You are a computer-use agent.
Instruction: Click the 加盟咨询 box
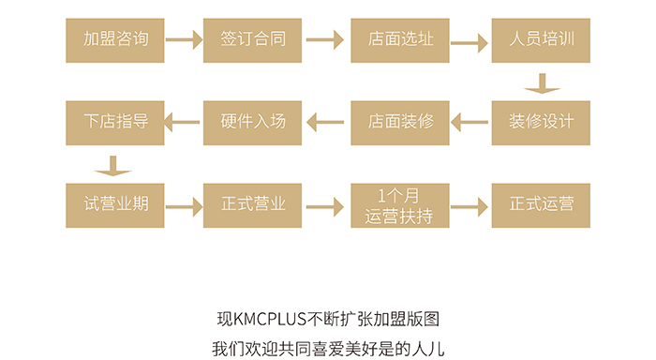click(115, 40)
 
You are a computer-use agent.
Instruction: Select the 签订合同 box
click(252, 40)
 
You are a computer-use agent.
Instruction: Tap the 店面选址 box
click(400, 40)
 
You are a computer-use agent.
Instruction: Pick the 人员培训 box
click(541, 40)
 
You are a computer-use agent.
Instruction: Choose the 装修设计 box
click(541, 123)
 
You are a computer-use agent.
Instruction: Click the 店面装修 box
click(400, 123)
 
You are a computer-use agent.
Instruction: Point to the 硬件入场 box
click(252, 123)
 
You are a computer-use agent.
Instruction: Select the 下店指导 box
click(115, 123)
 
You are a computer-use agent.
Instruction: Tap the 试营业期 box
click(115, 205)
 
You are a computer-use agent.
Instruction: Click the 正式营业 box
click(252, 205)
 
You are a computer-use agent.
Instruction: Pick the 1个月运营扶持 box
click(400, 205)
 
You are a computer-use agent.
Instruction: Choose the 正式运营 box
click(541, 205)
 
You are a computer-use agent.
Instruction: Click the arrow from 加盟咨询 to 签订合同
click(184, 39)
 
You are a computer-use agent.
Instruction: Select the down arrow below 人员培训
click(543, 83)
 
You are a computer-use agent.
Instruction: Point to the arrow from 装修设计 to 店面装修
click(470, 122)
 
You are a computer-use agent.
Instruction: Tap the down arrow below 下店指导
click(113, 166)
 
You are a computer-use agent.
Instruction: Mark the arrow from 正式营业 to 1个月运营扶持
click(325, 207)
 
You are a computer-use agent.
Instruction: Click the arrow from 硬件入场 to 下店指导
click(183, 122)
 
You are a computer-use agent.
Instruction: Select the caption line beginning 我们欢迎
click(328, 349)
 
